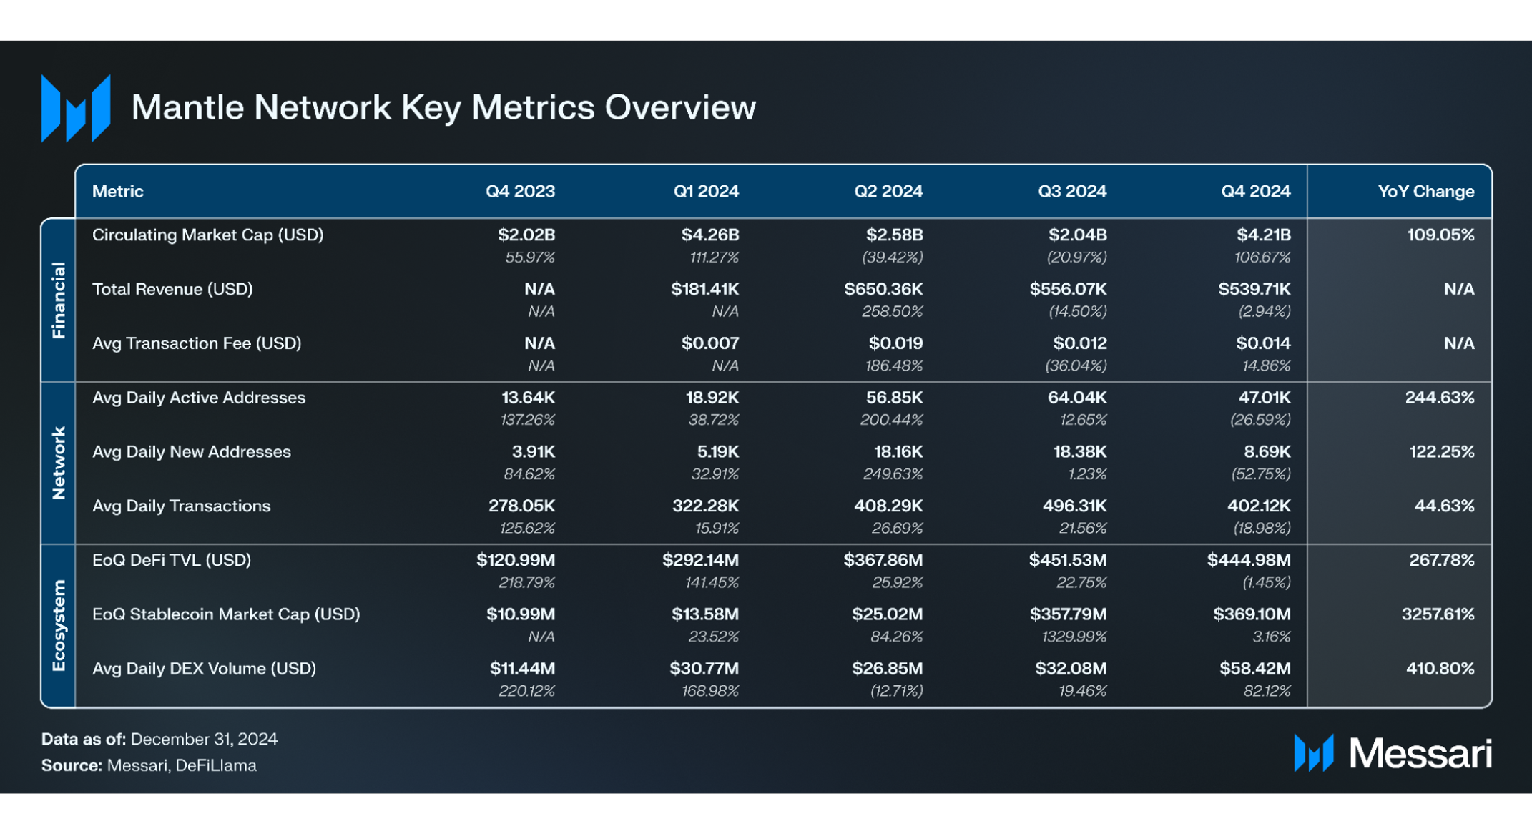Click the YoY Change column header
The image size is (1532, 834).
point(1425,192)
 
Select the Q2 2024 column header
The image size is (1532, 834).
point(888,192)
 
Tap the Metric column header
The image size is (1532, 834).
point(118,192)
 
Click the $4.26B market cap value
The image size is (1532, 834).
point(709,235)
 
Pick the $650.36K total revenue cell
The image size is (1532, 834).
point(883,289)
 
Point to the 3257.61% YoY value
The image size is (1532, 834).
point(1438,614)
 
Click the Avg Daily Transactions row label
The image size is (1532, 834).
point(182,506)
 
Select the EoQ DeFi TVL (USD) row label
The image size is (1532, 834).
point(172,560)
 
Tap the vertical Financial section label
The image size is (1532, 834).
point(59,300)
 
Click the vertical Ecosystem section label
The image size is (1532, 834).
point(59,625)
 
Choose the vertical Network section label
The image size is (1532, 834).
point(59,463)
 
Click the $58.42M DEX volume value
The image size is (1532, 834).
point(1254,668)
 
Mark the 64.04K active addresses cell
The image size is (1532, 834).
point(1076,397)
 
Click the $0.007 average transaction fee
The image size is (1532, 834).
point(709,343)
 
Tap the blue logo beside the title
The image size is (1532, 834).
point(76,108)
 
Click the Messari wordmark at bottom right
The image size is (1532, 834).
point(1419,753)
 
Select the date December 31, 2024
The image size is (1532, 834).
point(204,739)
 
